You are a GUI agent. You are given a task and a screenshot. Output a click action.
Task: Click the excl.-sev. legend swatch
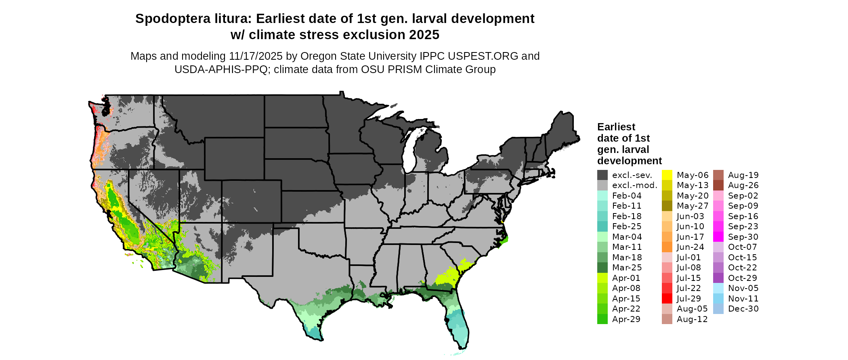602,175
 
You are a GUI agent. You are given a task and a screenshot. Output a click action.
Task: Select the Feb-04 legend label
627,196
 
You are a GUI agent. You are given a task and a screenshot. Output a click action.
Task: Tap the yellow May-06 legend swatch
667,175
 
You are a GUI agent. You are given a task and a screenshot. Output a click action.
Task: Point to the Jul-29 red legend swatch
667,299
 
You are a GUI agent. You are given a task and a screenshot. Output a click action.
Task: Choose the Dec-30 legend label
743,309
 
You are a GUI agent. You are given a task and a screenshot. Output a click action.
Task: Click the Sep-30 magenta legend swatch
718,237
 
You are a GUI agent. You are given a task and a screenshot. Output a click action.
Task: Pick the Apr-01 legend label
626,278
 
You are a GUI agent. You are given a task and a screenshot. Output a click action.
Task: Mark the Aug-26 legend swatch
718,185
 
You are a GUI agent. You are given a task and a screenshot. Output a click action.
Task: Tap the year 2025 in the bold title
424,35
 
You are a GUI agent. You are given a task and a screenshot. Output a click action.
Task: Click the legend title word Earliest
616,127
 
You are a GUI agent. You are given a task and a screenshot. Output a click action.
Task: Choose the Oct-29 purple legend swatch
718,278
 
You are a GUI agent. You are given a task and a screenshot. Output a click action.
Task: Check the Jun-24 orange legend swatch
667,247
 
